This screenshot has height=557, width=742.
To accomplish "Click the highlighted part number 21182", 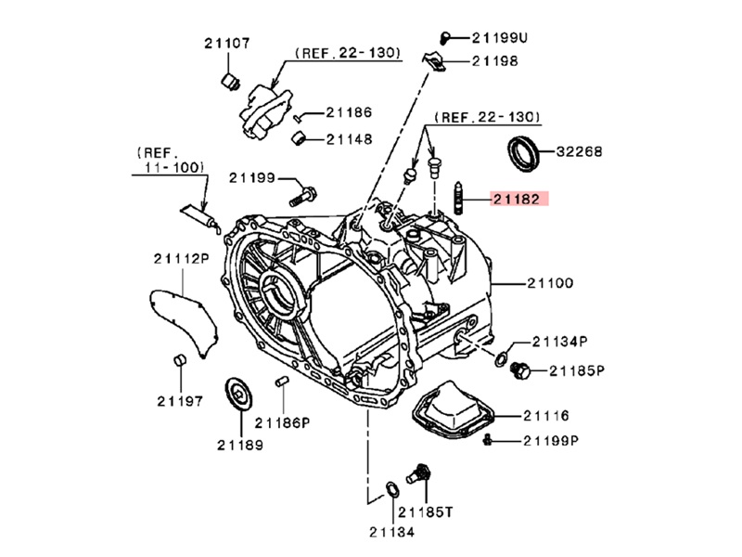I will pyautogui.click(x=519, y=198).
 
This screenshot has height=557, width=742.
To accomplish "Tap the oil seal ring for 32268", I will pyautogui.click(x=524, y=153).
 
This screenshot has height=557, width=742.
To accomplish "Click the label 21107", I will pyautogui.click(x=227, y=43).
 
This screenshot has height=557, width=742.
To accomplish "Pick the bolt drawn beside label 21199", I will pyautogui.click(x=302, y=196).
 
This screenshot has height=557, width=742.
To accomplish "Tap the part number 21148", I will pyautogui.click(x=349, y=139).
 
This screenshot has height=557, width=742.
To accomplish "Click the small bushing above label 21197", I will pyautogui.click(x=180, y=360).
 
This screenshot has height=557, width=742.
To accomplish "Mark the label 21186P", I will pyautogui.click(x=283, y=421).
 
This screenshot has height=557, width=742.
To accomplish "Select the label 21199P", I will pyautogui.click(x=551, y=440).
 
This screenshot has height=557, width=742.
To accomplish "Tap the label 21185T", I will pyautogui.click(x=425, y=511).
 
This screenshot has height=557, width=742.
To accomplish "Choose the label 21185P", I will pyautogui.click(x=577, y=370).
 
